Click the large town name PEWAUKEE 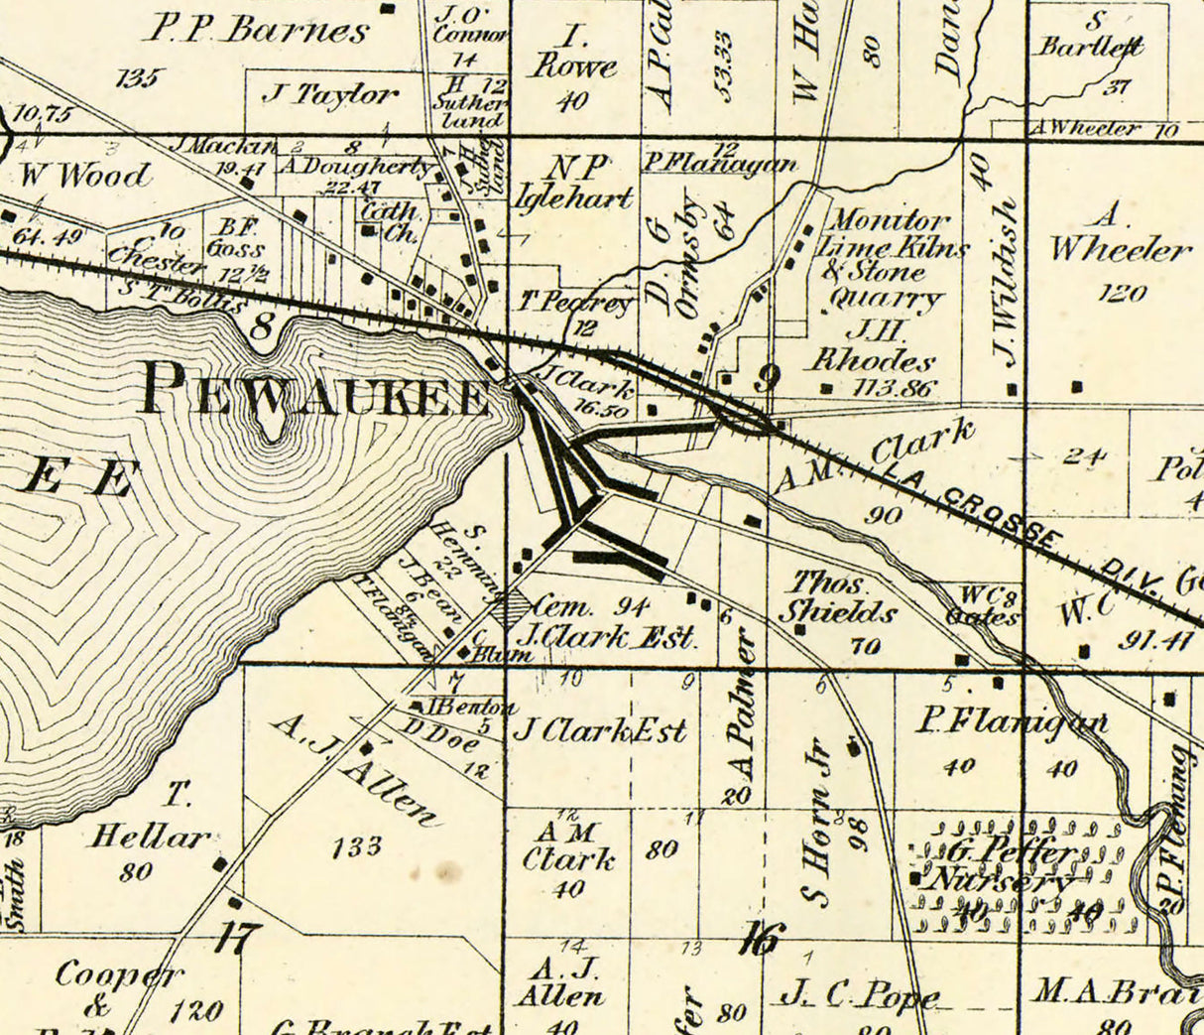pos(315,390)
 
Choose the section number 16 pos(763,937)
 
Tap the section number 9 pos(767,377)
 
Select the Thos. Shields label pos(836,598)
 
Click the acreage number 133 pos(356,846)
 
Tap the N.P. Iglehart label pos(573,183)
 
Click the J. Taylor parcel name pos(330,95)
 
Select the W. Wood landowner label pos(85,176)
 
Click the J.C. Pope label pos(858,992)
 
